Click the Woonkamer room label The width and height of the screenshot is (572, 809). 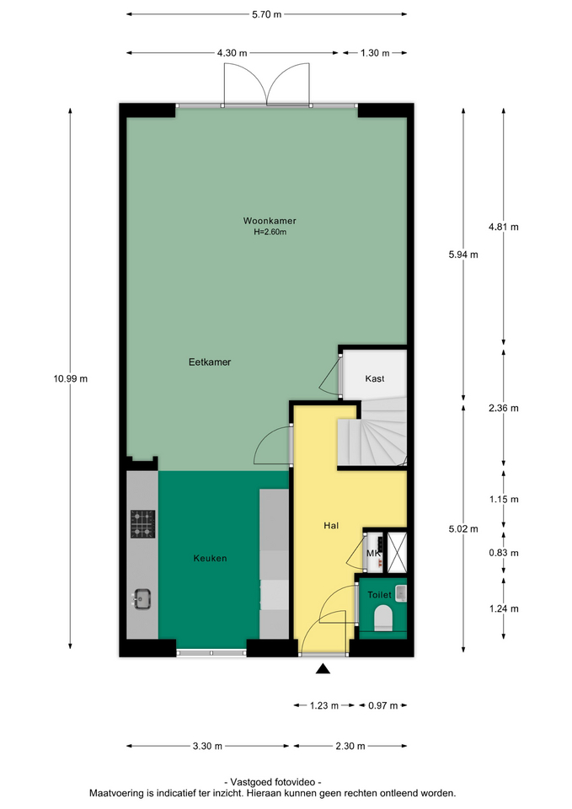click(270, 221)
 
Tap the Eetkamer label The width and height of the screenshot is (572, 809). click(210, 362)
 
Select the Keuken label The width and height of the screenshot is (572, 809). click(210, 558)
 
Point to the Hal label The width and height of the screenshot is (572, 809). click(331, 526)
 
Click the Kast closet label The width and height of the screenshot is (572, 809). click(375, 378)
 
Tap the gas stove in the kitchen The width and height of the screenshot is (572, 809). click(143, 524)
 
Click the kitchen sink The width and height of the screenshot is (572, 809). click(142, 599)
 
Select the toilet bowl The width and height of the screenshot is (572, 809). click(383, 618)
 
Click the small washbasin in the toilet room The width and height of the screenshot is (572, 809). click(401, 592)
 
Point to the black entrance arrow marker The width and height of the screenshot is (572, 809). click(323, 669)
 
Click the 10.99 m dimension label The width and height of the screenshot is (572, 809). click(70, 378)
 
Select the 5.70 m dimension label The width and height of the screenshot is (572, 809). click(267, 14)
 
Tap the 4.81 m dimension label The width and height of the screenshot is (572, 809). click(504, 227)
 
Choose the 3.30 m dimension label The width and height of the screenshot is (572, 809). click(207, 746)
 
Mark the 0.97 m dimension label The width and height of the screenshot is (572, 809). click(382, 706)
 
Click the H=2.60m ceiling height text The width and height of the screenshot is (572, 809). click(270, 233)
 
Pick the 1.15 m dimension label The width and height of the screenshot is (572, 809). click(504, 500)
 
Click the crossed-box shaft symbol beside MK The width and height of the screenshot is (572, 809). click(397, 553)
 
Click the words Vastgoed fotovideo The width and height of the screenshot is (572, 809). click(272, 782)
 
